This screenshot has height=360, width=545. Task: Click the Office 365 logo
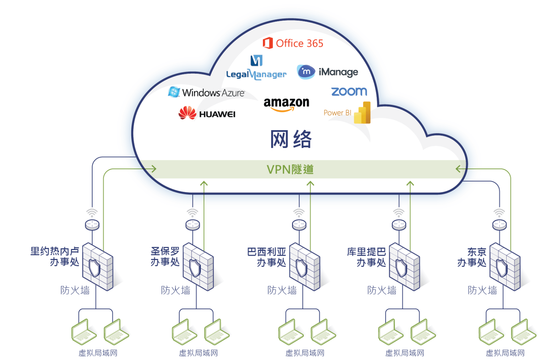click(x=293, y=43)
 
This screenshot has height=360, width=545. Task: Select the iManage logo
click(x=327, y=72)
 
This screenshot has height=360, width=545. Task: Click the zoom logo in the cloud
click(x=349, y=92)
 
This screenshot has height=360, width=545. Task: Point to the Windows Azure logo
click(x=207, y=92)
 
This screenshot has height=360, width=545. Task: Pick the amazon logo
click(x=286, y=104)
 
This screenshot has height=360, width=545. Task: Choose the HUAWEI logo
click(x=207, y=113)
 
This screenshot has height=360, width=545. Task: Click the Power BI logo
click(x=347, y=113)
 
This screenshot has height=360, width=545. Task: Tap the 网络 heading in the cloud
click(x=291, y=139)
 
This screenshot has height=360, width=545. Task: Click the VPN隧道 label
click(x=290, y=169)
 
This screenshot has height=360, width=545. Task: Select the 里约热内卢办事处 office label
click(x=55, y=256)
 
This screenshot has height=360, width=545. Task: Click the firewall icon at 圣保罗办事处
click(x=198, y=267)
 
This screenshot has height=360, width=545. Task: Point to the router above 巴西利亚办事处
click(x=299, y=225)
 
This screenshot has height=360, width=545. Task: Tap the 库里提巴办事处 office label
click(x=367, y=257)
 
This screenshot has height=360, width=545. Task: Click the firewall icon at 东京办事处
click(x=505, y=267)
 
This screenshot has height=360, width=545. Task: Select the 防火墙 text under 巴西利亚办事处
click(x=282, y=290)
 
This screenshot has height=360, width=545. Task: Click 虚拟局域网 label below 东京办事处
click(x=505, y=353)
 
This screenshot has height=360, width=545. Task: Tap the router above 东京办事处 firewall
click(x=499, y=225)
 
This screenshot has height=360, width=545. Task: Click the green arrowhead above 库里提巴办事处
click(x=410, y=184)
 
